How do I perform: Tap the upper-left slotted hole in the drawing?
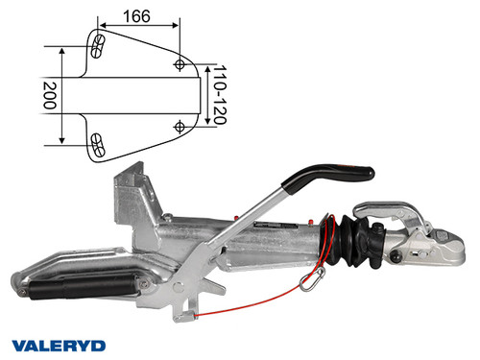tap(96, 44)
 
